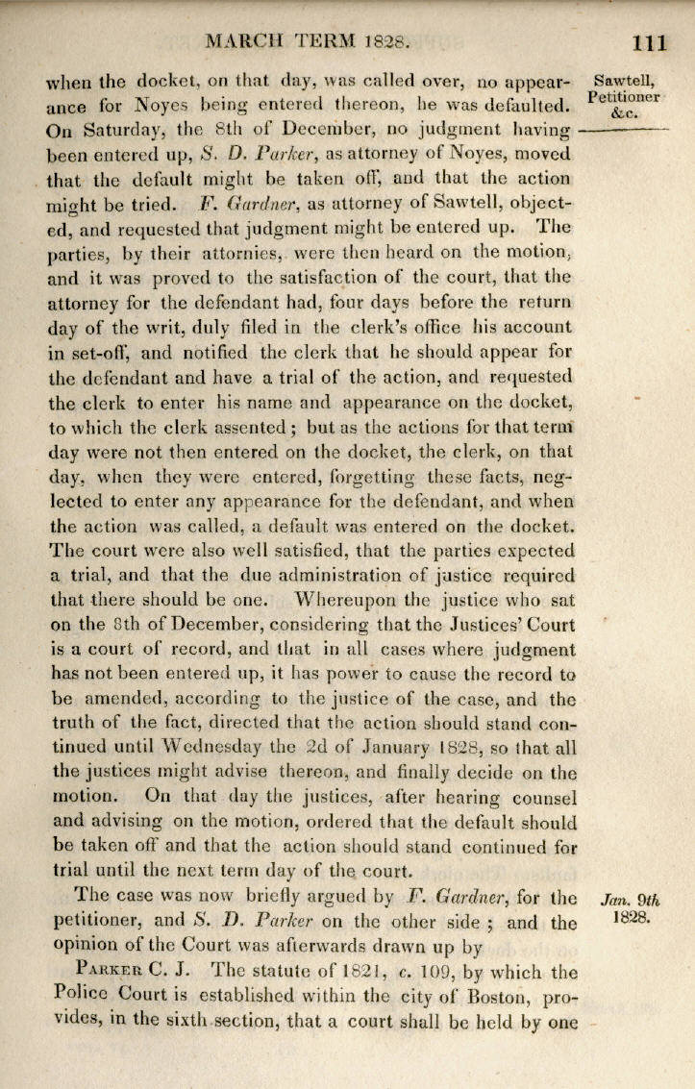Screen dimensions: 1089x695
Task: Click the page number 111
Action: click(650, 41)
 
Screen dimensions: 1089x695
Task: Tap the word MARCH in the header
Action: click(246, 41)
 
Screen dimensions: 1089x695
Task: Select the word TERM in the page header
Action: click(328, 41)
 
